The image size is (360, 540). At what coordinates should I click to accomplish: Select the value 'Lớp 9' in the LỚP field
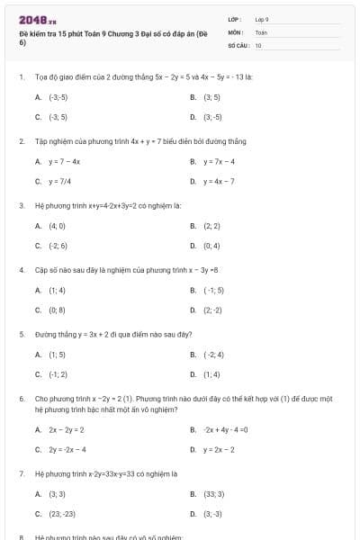(262, 19)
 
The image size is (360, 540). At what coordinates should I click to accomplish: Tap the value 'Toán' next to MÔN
(261, 31)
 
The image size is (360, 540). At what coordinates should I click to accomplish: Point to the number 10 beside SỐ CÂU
(258, 44)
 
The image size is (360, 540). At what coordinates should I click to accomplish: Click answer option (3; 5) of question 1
(211, 96)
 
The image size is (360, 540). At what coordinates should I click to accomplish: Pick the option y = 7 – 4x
(65, 161)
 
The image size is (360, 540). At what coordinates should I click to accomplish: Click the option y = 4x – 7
(219, 181)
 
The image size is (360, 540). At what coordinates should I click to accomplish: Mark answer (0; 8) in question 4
(57, 310)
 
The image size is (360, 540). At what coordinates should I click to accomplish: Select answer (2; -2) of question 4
(212, 310)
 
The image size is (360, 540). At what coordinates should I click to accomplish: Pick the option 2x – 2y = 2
(67, 429)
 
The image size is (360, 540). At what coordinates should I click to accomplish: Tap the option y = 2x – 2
(219, 449)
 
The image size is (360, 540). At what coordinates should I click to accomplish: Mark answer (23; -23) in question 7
(62, 514)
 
